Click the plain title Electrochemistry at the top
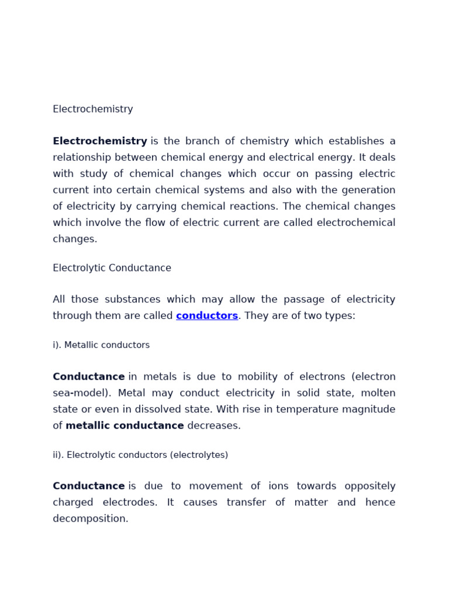[x=93, y=109]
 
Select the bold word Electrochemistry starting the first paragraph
[x=100, y=141]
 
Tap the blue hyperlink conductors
[x=207, y=316]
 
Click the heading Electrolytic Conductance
[x=112, y=268]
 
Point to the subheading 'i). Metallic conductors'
[x=101, y=345]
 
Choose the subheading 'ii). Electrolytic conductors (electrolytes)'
[x=140, y=455]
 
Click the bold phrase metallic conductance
[x=125, y=426]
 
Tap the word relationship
[x=82, y=158]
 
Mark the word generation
[x=368, y=190]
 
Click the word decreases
[x=214, y=426]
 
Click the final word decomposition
[x=90, y=519]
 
